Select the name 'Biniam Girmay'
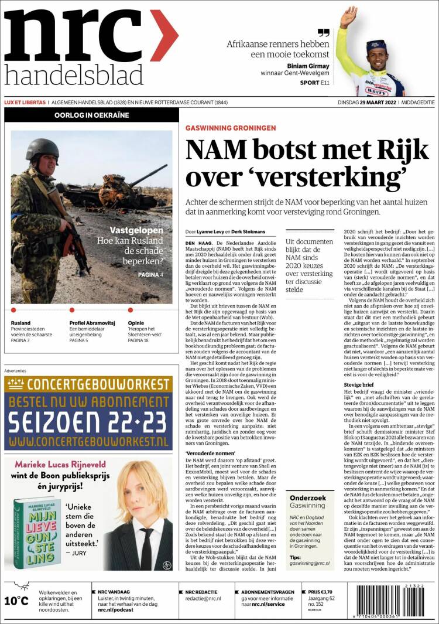[x=308, y=66]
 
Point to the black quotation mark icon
[x=323, y=33]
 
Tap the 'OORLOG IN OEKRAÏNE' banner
[x=91, y=115]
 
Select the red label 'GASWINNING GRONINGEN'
[x=231, y=128]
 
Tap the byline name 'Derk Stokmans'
[x=248, y=231]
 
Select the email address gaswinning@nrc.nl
[x=310, y=563]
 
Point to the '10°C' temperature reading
[x=16, y=601]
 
